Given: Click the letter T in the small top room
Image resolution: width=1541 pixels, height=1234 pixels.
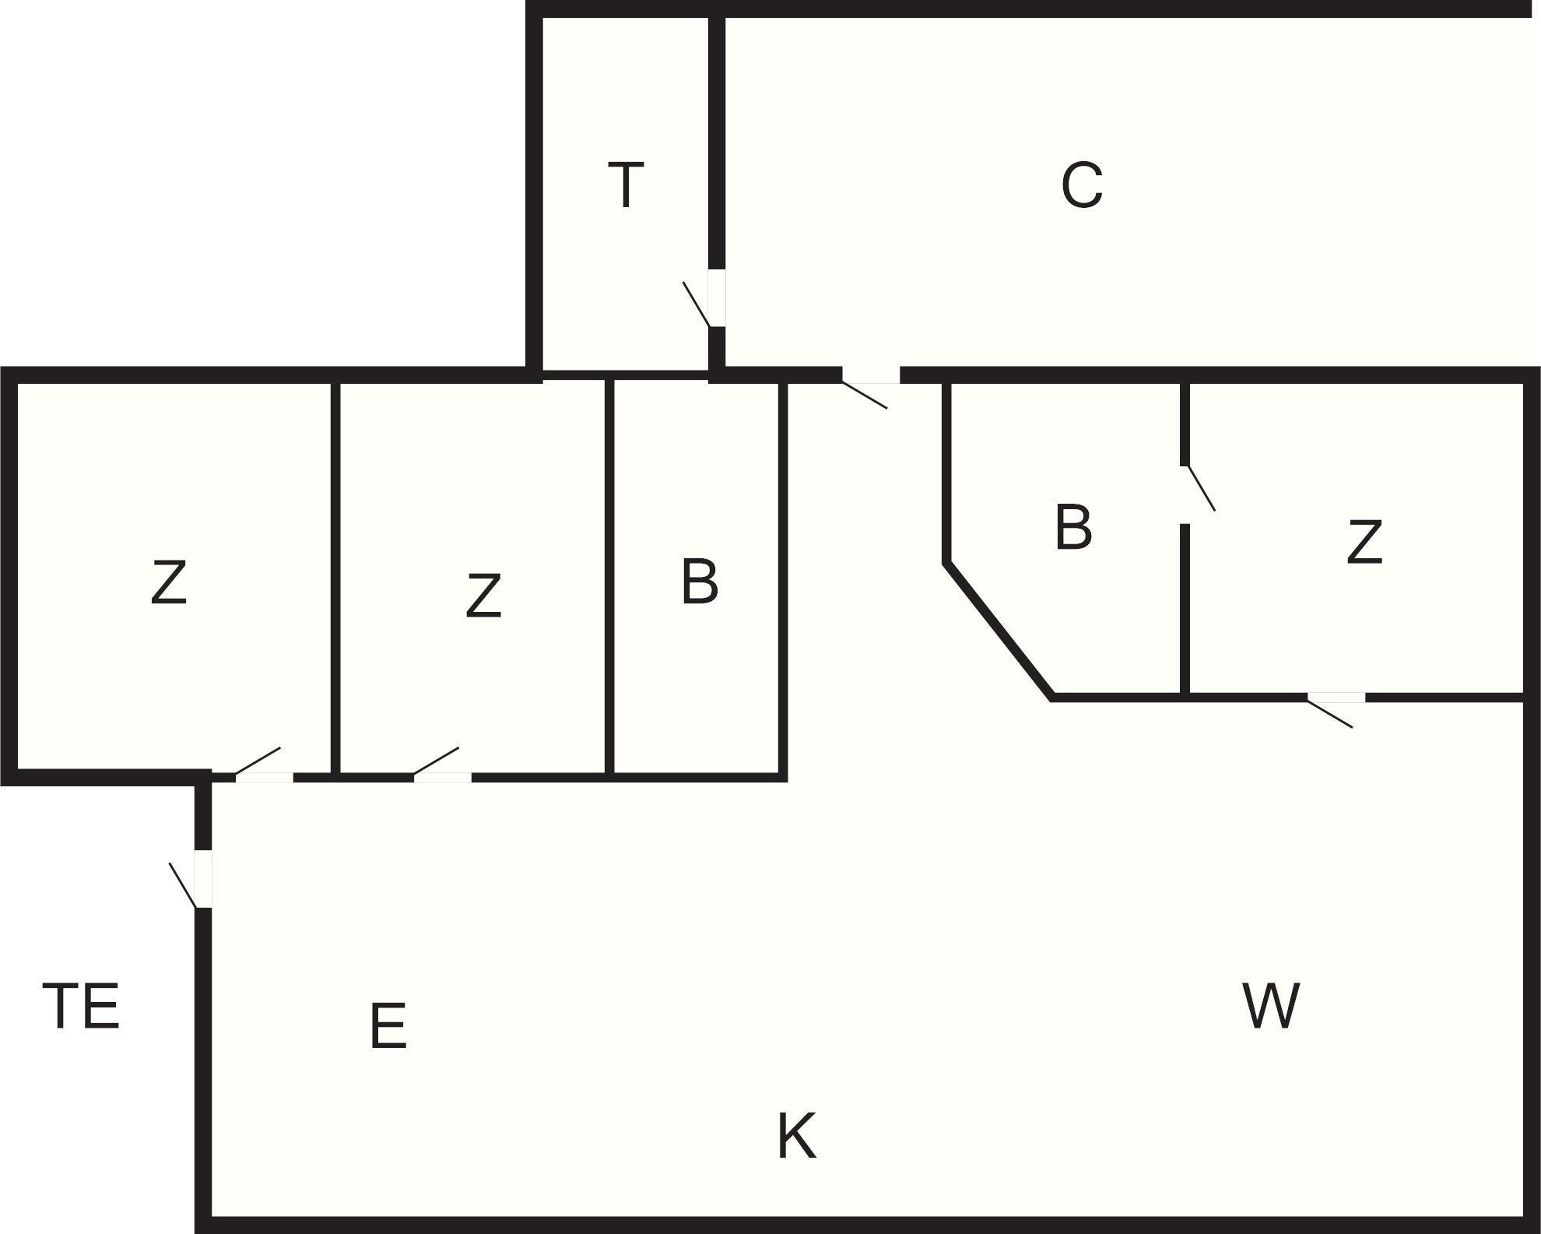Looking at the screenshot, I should [x=626, y=185].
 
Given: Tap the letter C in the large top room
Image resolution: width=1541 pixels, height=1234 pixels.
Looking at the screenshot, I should [x=1082, y=185].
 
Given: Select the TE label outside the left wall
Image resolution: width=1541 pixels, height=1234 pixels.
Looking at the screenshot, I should [x=81, y=1006].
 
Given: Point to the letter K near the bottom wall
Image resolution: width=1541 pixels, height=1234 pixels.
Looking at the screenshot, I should [x=796, y=1136].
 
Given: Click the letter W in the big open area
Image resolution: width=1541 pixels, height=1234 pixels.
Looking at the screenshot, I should [x=1271, y=1006].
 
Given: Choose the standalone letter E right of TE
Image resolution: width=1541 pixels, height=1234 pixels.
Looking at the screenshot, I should [x=388, y=1026].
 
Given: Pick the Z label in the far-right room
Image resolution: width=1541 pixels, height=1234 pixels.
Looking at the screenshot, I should [x=1364, y=543].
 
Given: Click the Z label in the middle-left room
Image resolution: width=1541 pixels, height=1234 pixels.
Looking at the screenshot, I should [x=483, y=596].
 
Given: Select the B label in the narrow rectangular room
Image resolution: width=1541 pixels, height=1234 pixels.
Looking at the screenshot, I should [x=699, y=582].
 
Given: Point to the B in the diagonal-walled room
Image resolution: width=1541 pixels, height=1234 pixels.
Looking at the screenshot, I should [x=1073, y=528].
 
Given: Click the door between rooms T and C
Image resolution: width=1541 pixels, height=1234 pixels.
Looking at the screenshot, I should [x=716, y=298].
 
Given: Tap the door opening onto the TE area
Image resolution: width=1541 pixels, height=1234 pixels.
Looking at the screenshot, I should [x=202, y=879].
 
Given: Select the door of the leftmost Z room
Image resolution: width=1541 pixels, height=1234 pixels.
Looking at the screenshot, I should [x=264, y=776].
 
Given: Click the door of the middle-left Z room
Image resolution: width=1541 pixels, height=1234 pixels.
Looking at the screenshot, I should [x=442, y=776].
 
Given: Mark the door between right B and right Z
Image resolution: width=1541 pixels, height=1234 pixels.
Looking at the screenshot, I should [x=1185, y=494].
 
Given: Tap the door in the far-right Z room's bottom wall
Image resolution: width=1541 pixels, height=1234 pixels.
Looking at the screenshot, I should [x=1336, y=698].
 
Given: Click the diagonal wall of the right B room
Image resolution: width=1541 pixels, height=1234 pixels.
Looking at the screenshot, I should [x=999, y=630].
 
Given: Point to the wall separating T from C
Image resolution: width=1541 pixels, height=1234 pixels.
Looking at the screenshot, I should [x=717, y=140].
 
